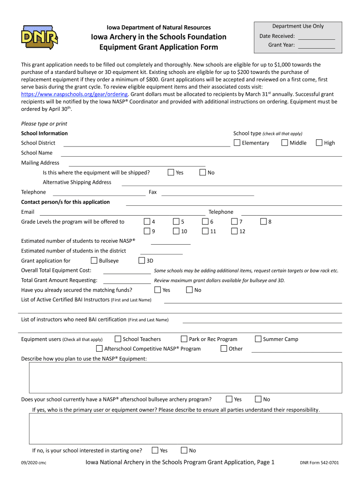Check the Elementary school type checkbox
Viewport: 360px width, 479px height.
pyautogui.click(x=237, y=143)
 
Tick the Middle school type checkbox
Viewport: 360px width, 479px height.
pyautogui.click(x=285, y=143)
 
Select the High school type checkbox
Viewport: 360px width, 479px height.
pyautogui.click(x=319, y=143)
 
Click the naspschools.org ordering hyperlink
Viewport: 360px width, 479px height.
pyautogui.click(x=74, y=94)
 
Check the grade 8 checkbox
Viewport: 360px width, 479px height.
pyautogui.click(x=264, y=221)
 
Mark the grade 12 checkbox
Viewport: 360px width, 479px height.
pyautogui.click(x=235, y=231)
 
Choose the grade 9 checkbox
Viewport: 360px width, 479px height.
pyautogui.click(x=147, y=231)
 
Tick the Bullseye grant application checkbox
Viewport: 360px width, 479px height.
pyautogui.click(x=94, y=261)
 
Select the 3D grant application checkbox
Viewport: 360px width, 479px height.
pyautogui.click(x=142, y=261)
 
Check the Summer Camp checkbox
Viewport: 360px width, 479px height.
pyautogui.click(x=258, y=339)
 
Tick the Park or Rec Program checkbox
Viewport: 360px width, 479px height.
pyautogui.click(x=184, y=339)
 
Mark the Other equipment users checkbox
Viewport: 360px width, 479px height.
pyautogui.click(x=224, y=348)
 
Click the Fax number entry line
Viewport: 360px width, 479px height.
pyautogui.click(x=208, y=194)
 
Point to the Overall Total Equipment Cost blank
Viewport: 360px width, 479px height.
pyautogui.click(x=127, y=272)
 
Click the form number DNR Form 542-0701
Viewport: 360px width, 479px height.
pyautogui.click(x=319, y=463)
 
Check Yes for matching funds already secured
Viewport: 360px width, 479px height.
pyautogui.click(x=158, y=290)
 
